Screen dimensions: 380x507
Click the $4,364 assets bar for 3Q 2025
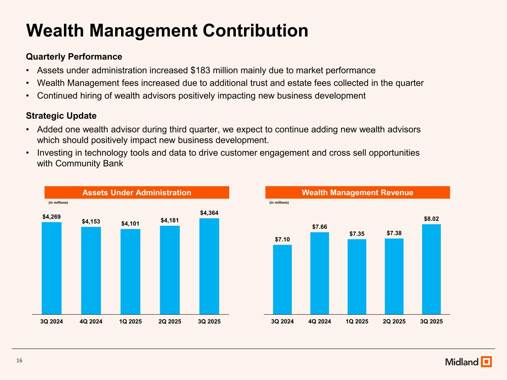[x=209, y=266]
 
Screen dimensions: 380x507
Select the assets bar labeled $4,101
[x=130, y=272]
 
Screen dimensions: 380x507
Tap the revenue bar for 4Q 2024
[x=319, y=273]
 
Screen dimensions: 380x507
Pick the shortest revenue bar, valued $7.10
[x=282, y=279]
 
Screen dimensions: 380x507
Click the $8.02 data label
[x=431, y=219]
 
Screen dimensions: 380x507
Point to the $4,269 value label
[x=52, y=216]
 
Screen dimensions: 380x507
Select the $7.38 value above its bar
[x=394, y=233]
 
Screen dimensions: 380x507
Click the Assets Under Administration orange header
[x=137, y=193]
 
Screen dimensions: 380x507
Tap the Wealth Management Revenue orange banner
[x=357, y=193]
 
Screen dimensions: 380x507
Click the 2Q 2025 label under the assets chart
[x=170, y=321]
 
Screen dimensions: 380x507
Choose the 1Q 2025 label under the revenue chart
[x=357, y=321]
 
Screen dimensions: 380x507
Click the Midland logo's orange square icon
[x=486, y=361]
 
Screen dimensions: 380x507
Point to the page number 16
[x=19, y=361]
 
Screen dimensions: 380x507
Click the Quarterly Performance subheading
[x=74, y=57]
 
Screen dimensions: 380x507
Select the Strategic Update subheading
[x=61, y=116]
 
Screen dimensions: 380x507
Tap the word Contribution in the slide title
[x=256, y=30]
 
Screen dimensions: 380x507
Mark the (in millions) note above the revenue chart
[x=279, y=203]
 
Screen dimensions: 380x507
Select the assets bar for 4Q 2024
[x=91, y=271]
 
